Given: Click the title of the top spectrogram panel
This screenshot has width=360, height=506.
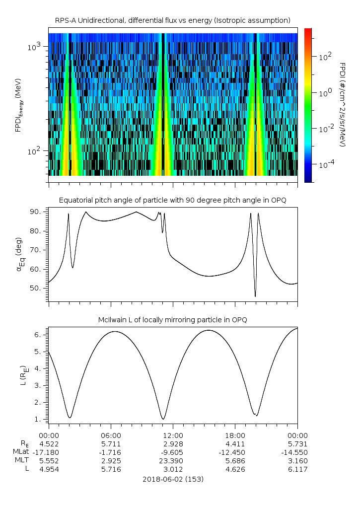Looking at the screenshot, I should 172,20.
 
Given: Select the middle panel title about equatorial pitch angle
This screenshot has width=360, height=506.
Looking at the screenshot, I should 172,200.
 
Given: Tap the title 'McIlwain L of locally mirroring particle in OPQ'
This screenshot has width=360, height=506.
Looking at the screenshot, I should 172,320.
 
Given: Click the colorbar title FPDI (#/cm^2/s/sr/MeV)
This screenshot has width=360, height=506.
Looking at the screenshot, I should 342,104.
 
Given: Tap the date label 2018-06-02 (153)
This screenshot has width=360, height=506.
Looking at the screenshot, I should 172,479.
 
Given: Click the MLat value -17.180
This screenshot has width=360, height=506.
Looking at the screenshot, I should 49,452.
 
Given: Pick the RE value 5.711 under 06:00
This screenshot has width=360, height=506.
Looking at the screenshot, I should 111,443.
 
